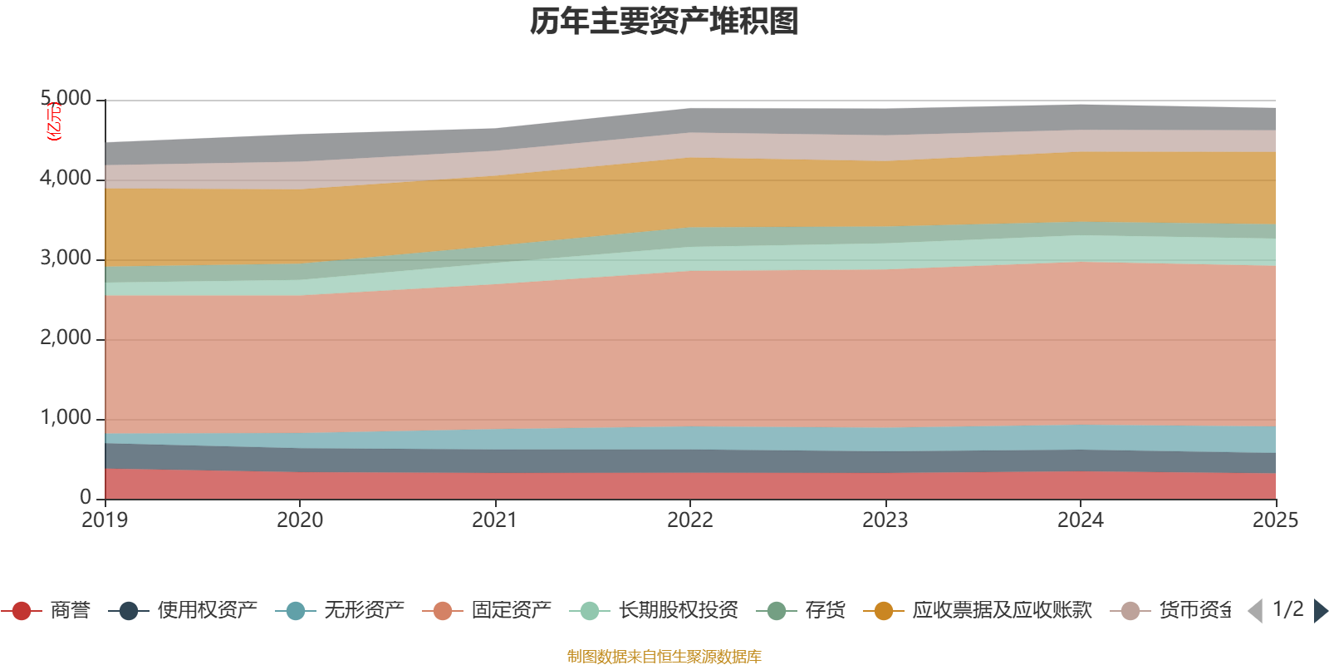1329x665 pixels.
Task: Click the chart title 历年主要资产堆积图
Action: point(664,22)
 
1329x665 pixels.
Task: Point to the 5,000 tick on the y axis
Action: point(66,99)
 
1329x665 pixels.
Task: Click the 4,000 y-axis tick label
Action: point(66,179)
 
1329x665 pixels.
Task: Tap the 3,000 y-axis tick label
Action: point(66,259)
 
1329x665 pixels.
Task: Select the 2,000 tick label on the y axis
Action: point(66,338)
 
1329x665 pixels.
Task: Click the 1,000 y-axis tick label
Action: point(66,418)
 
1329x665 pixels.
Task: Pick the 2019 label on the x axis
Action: point(105,520)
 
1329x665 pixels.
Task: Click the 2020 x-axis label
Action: point(300,520)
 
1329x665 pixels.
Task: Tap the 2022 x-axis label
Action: point(690,520)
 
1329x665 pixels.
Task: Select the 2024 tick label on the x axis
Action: point(1080,520)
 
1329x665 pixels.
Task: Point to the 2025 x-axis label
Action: point(1275,520)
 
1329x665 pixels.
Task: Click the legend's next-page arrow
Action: point(1320,611)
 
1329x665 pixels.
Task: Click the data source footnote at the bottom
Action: point(664,657)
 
